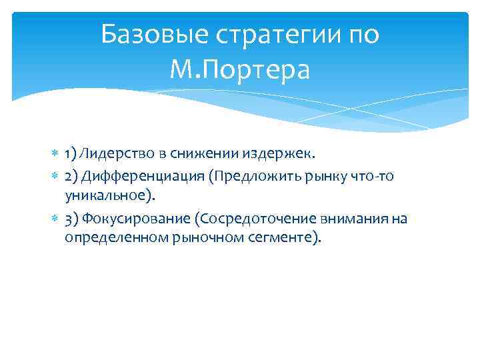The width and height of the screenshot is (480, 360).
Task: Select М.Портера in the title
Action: [x=240, y=69]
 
